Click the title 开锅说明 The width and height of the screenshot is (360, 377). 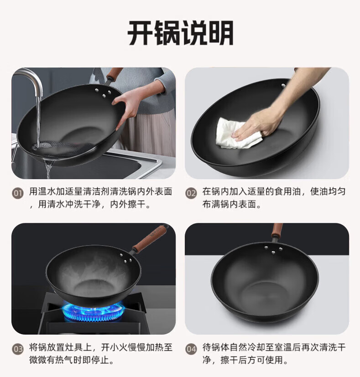tap(180, 33)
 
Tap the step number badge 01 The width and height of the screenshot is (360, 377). tap(18, 193)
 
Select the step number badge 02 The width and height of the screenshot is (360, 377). tap(191, 193)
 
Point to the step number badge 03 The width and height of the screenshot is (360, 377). tap(18, 349)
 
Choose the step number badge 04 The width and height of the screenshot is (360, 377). tap(191, 349)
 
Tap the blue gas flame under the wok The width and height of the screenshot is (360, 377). tap(94, 312)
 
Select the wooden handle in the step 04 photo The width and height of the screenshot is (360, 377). tap(277, 230)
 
